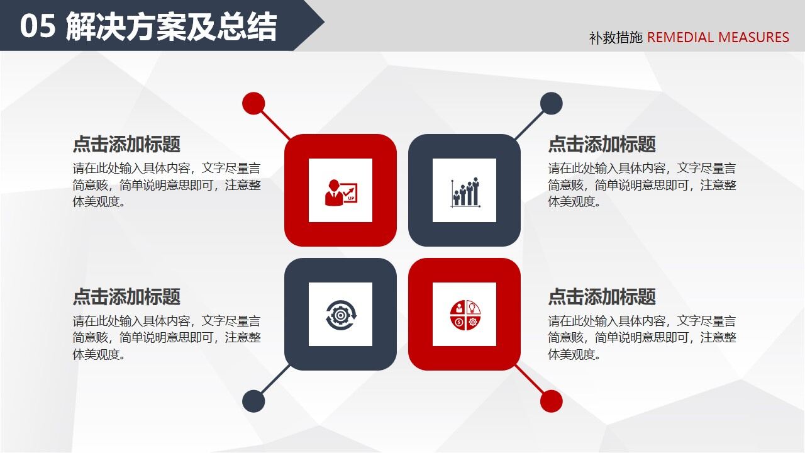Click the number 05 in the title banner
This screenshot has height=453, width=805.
[x=38, y=27]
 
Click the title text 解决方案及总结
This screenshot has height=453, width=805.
[x=171, y=27]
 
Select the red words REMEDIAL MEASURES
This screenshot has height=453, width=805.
[x=718, y=37]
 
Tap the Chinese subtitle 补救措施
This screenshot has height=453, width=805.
[x=616, y=38]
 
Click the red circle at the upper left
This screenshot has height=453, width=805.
[x=253, y=103]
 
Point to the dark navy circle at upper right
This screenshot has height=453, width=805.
[x=551, y=103]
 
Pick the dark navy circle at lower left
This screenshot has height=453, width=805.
[x=253, y=401]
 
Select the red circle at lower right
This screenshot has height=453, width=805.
[x=551, y=401]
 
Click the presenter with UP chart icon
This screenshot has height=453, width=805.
[x=340, y=191]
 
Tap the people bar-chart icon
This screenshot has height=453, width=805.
[x=465, y=191]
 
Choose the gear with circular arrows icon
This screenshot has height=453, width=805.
[x=340, y=315]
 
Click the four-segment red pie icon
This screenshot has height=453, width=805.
[x=465, y=315]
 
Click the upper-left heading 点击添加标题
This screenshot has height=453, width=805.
[x=126, y=144]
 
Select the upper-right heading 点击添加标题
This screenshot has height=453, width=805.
[x=602, y=144]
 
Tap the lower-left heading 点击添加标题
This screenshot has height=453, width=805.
[x=126, y=297]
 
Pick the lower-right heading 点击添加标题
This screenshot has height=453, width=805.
[x=602, y=297]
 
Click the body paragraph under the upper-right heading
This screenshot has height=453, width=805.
[x=641, y=185]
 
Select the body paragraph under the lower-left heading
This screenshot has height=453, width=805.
[x=166, y=338]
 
